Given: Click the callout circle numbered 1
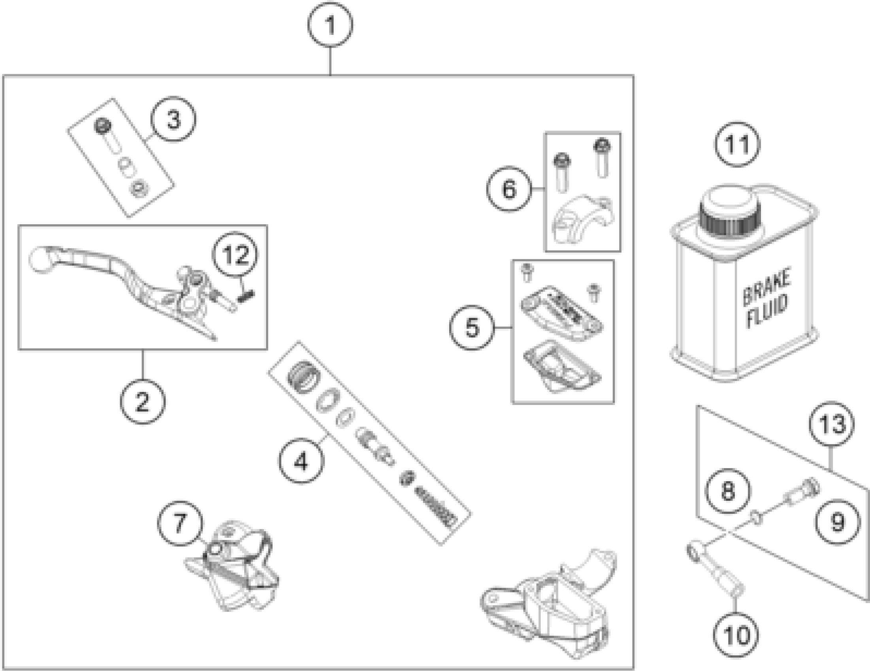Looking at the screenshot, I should click(x=330, y=25).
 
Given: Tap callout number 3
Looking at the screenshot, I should click(x=173, y=119).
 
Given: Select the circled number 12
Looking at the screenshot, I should click(x=235, y=254).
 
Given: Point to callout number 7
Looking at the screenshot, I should click(x=180, y=523).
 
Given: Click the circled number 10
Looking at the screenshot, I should click(x=736, y=635).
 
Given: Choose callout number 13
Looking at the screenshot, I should click(x=832, y=424).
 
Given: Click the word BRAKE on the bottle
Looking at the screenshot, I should click(x=766, y=287).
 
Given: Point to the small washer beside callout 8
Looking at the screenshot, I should click(x=757, y=518).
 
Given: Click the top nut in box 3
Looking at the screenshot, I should click(x=103, y=126).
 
